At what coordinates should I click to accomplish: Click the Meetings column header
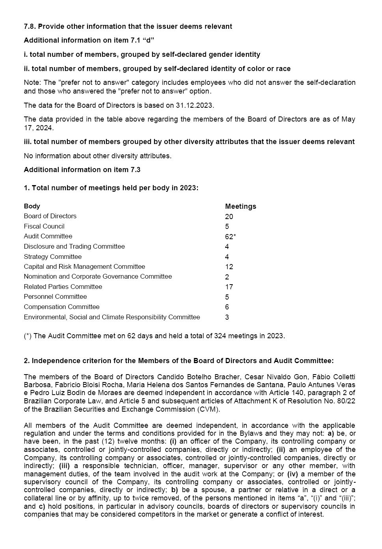pos(240,206)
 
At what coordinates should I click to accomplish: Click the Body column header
pos(32,206)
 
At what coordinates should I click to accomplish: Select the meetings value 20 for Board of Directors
pos(229,217)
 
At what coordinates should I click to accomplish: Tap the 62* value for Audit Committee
pos(230,237)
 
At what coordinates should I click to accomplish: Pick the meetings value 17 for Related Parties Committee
pos(229,287)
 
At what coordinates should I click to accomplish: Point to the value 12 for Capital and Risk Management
pos(229,267)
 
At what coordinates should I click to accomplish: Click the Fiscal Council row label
pos(44,227)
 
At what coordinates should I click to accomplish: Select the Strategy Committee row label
pos(53,257)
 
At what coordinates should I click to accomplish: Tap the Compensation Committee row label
pos(61,307)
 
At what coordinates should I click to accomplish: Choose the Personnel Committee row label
pos(55,297)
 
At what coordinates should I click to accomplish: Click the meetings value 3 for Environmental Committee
pos(227,317)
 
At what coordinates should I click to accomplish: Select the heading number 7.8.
pos(30,26)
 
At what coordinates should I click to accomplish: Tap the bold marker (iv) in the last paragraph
pos(292,474)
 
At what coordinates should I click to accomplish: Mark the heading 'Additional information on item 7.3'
pos(82,170)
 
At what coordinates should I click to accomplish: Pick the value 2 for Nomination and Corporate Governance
pos(227,277)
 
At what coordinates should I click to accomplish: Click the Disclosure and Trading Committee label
pos(74,247)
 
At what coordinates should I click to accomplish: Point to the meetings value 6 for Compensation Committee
pos(227,307)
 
